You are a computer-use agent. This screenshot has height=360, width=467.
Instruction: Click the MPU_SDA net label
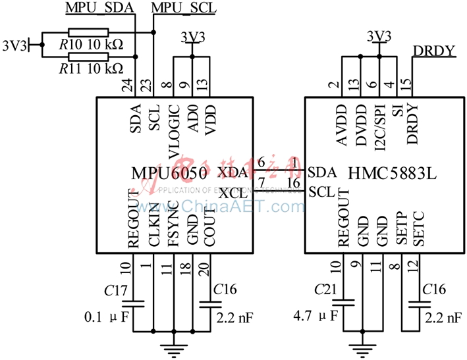pyautogui.click(x=100, y=7)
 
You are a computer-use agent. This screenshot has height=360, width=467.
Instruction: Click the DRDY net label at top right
pyautogui.click(x=435, y=51)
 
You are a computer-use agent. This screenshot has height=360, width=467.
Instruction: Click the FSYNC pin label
pyautogui.click(x=173, y=227)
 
